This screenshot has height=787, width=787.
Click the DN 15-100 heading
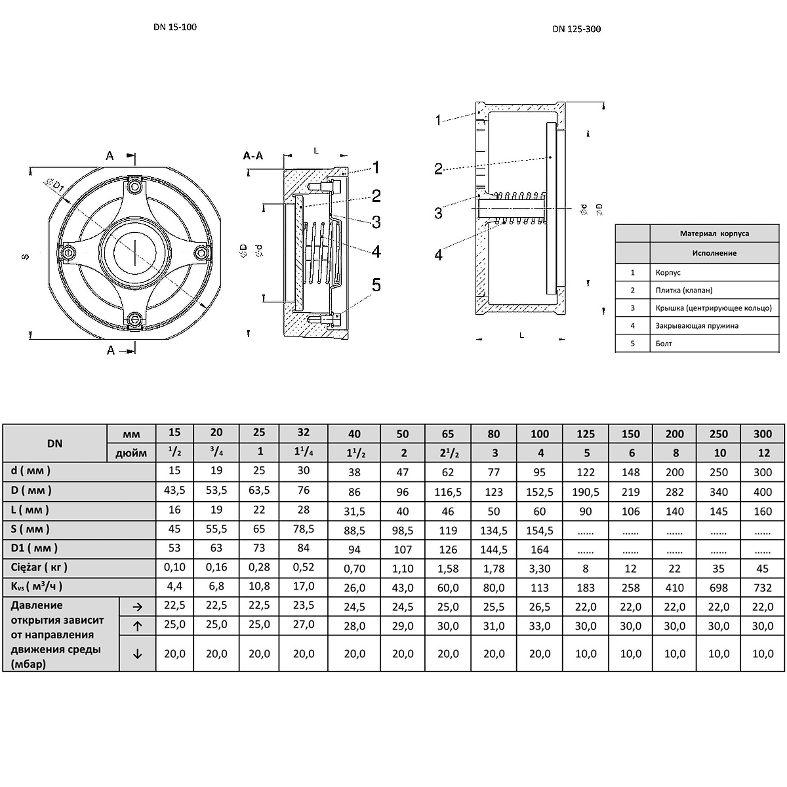(x=175, y=27)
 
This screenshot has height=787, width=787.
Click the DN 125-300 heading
(x=576, y=29)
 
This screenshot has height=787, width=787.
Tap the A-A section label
(x=253, y=155)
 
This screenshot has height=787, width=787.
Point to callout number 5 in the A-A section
(x=376, y=285)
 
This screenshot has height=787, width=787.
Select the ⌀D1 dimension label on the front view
(x=54, y=185)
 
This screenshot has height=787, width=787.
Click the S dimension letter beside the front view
(x=26, y=256)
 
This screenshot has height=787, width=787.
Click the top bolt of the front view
(x=134, y=187)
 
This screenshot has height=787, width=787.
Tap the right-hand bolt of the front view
(x=201, y=253)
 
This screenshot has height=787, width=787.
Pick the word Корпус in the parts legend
(x=668, y=272)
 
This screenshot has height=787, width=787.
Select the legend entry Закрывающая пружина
(x=696, y=325)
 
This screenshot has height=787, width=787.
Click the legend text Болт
(x=664, y=344)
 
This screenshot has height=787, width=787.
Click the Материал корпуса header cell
(x=714, y=233)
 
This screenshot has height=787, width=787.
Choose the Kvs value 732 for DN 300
(x=763, y=588)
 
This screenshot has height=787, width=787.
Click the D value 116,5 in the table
(x=448, y=492)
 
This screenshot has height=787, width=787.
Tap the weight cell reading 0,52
(x=304, y=567)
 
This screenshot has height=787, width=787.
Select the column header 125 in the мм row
(x=586, y=434)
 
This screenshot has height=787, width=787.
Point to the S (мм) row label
(x=30, y=529)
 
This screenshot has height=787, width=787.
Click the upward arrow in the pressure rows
(x=138, y=626)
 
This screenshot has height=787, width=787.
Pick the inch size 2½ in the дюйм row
(x=448, y=453)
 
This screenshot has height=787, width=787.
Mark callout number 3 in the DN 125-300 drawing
(x=438, y=212)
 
